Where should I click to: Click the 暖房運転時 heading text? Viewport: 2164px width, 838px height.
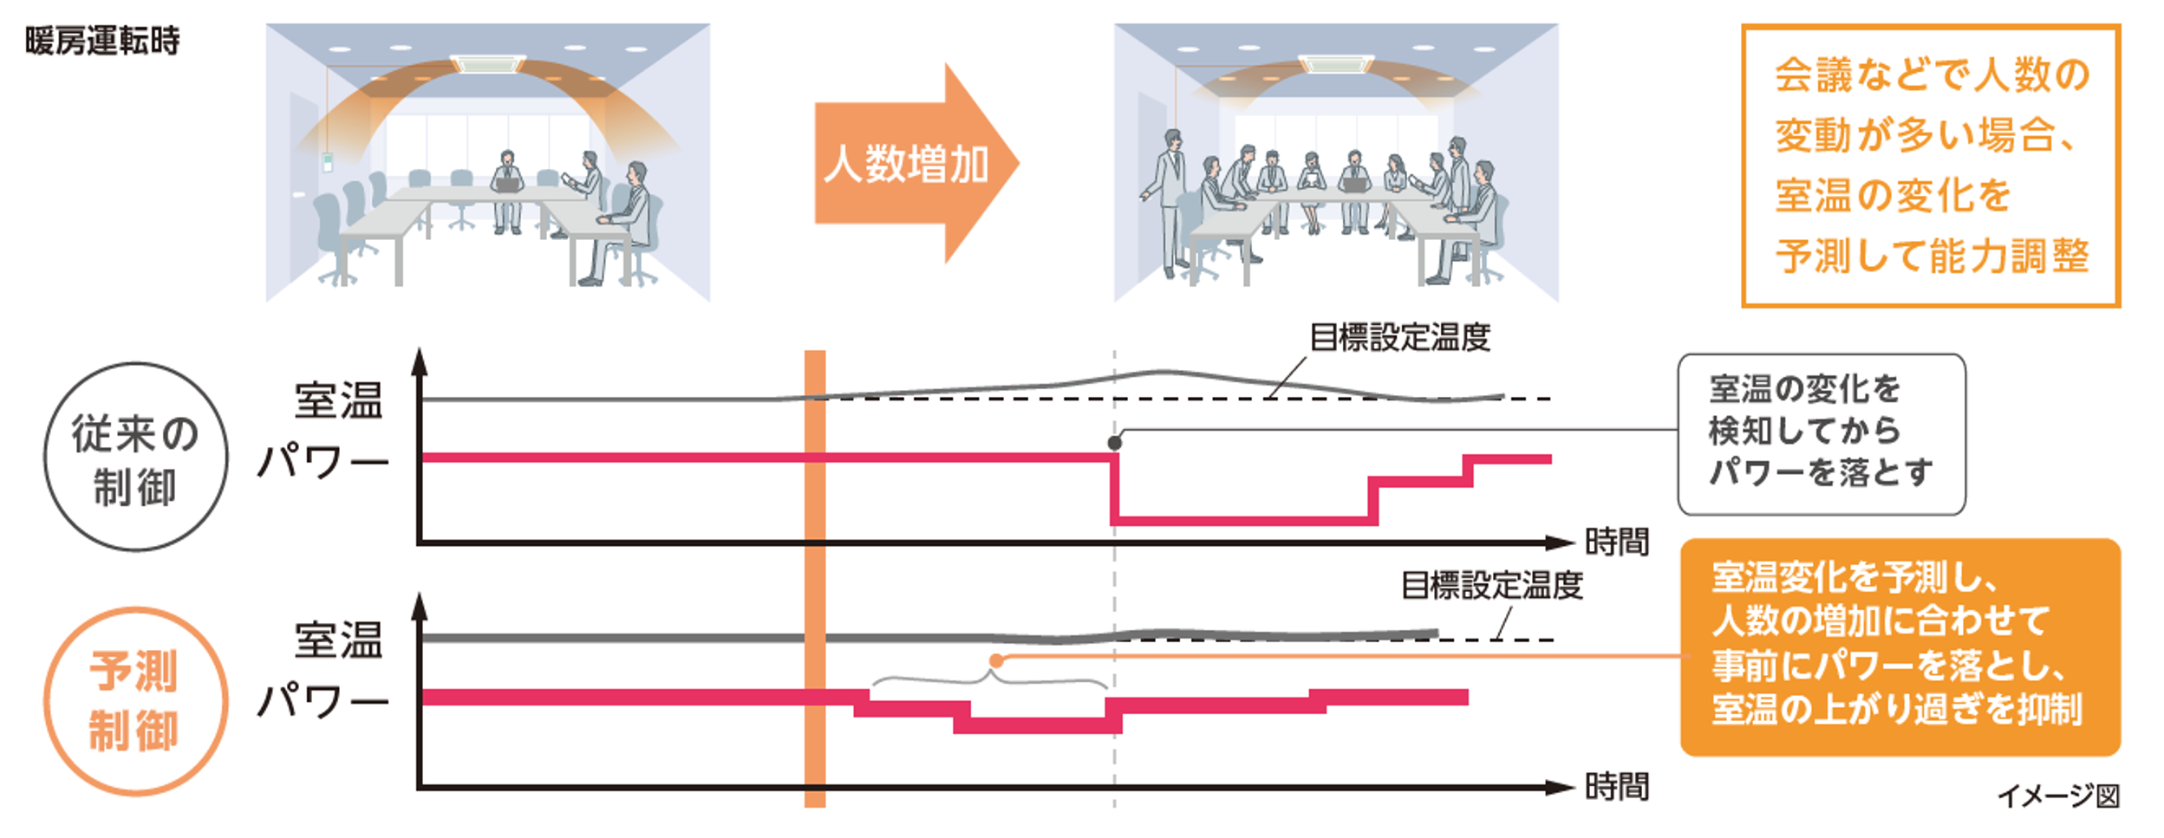102,41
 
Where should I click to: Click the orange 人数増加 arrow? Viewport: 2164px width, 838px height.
916,163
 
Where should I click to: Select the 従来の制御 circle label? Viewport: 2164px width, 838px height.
136,457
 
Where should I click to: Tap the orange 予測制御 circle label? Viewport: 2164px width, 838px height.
136,700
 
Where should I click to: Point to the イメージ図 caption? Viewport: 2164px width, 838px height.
2058,796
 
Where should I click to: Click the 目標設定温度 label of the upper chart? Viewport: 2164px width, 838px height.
1399,337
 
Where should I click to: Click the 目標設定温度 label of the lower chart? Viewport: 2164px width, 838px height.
1492,586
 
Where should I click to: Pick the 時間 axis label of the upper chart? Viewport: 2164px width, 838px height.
1616,542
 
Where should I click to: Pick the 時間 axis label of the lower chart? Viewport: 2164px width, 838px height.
1616,787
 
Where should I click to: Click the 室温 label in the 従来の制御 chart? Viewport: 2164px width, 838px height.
338,400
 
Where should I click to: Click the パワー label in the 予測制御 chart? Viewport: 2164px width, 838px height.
323,700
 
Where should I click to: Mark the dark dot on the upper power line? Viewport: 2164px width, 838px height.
1115,443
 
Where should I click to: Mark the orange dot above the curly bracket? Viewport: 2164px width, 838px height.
996,661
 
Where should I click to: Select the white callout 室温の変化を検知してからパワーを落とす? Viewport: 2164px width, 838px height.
1822,434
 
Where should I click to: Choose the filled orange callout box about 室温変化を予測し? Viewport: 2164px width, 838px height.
1900,647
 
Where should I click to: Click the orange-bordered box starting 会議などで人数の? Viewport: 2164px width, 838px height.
1931,166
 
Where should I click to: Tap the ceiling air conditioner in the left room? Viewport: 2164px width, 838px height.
487,63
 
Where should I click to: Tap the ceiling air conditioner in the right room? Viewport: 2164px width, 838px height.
1336,63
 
